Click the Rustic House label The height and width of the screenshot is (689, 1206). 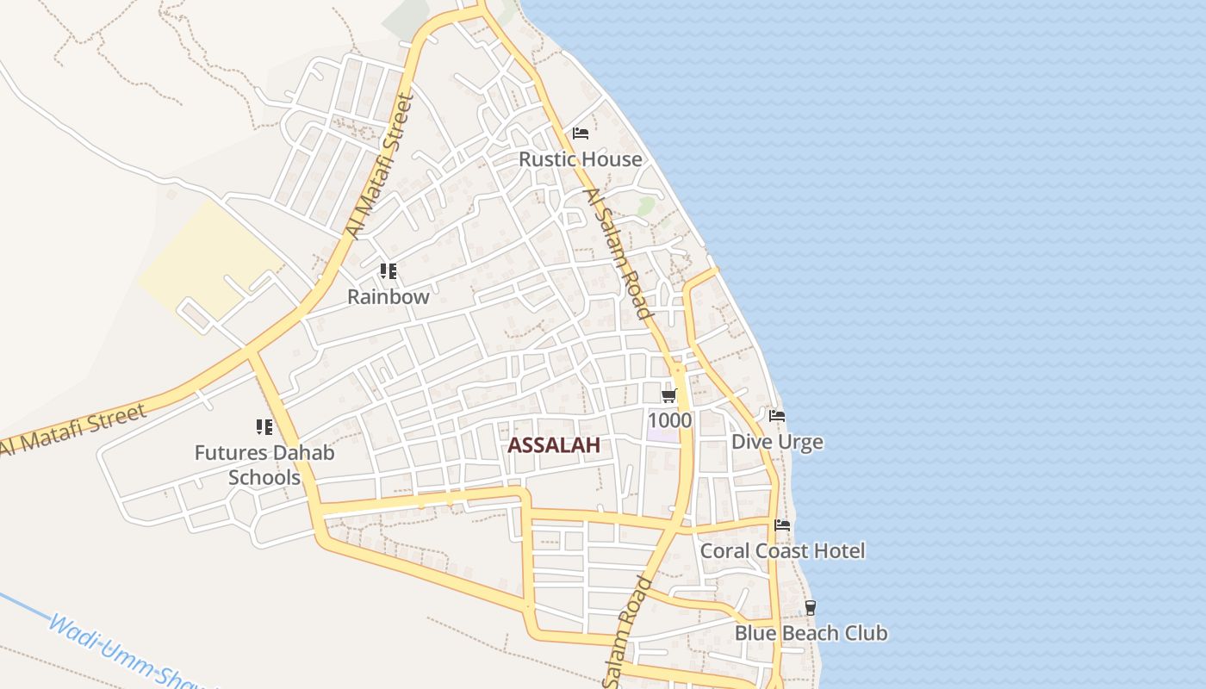[x=580, y=159]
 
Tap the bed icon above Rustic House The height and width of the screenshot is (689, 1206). [x=581, y=133]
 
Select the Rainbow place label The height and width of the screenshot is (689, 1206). [x=388, y=297]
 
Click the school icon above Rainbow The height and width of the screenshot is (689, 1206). [x=389, y=271]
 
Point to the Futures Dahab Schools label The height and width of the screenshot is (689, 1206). [x=264, y=465]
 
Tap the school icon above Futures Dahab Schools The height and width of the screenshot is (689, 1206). [x=264, y=426]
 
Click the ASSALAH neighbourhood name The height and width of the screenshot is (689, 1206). [x=554, y=445]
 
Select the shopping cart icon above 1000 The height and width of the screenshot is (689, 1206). [x=669, y=395]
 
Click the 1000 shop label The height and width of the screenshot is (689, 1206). [x=669, y=420]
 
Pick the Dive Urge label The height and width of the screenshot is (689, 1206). [x=777, y=442]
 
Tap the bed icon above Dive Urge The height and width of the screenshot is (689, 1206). [x=777, y=416]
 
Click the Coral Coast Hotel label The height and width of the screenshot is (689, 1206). [x=782, y=550]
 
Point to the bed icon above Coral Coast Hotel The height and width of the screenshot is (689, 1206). [x=782, y=525]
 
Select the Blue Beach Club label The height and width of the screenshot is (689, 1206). [x=811, y=633]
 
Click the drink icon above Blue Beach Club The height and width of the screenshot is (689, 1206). [x=811, y=607]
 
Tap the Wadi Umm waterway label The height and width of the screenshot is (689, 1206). [x=129, y=650]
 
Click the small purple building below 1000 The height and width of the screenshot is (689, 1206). [x=662, y=433]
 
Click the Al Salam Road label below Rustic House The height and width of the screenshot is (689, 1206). [x=619, y=254]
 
